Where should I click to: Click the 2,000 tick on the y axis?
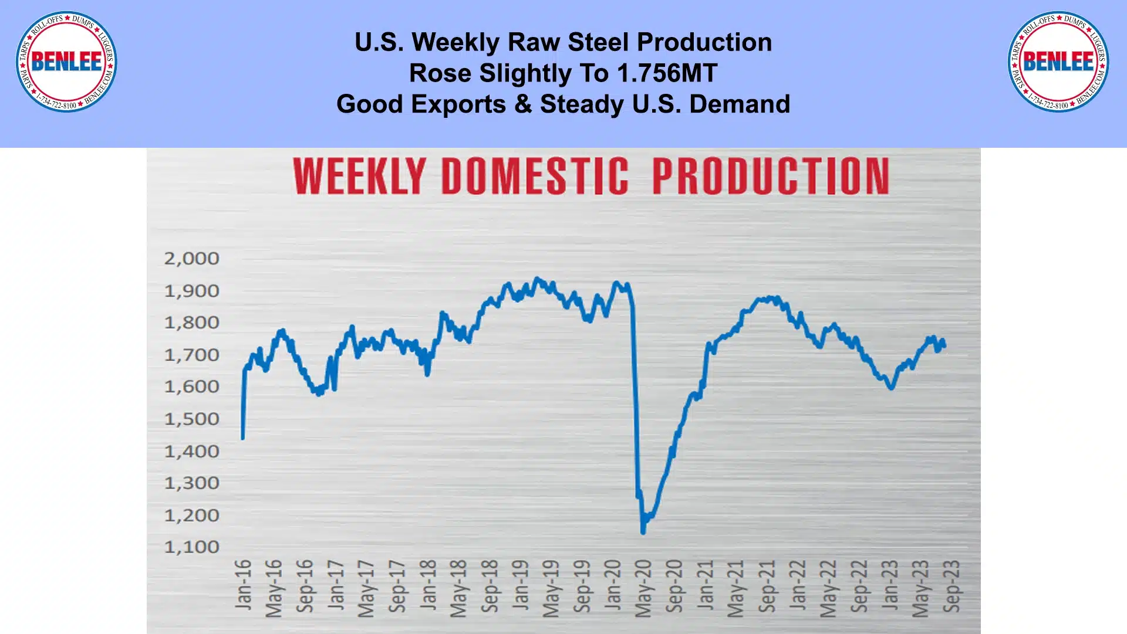191,259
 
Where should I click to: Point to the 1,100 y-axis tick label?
191,547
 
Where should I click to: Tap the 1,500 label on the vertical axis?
191,419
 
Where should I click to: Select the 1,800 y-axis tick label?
191,323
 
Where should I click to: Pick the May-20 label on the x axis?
643,588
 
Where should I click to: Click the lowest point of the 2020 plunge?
643,533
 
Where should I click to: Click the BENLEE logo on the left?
66,62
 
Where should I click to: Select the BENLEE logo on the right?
1058,62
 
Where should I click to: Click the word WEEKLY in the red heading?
359,176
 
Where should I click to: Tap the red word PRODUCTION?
771,176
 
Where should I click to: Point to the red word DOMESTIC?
535,176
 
